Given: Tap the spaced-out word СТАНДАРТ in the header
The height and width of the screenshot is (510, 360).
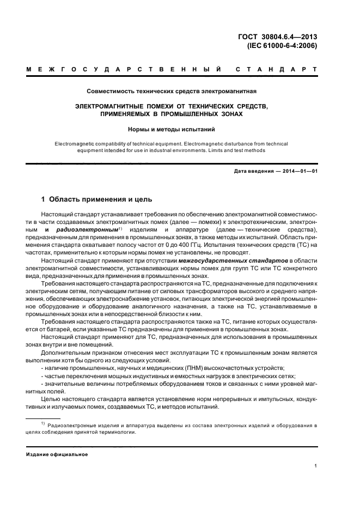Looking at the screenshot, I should point(276,70).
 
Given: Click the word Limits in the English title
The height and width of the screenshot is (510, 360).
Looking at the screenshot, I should point(213,150).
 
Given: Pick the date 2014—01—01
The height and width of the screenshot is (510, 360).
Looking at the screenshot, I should point(300,172).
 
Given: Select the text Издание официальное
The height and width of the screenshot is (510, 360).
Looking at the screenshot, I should point(57,454).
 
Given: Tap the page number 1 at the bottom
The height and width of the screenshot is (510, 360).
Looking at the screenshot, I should point(316,466).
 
